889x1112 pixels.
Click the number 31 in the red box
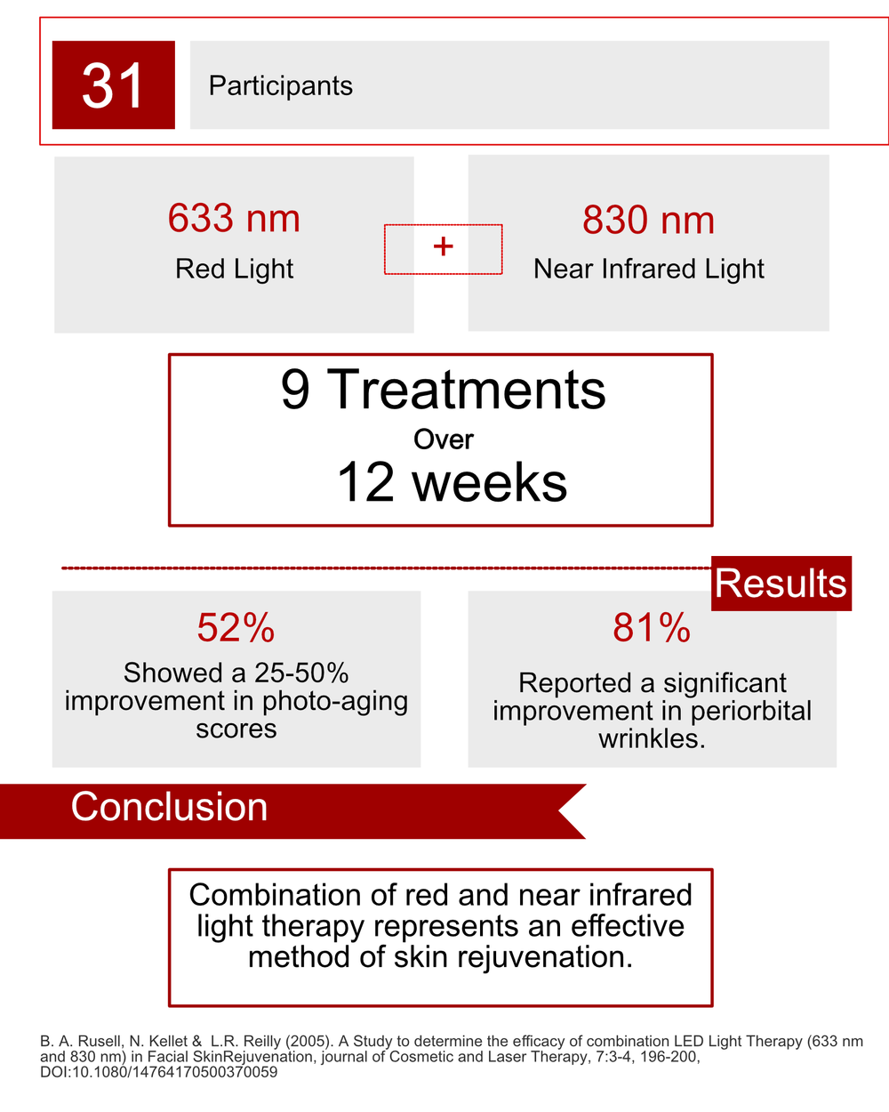(x=113, y=85)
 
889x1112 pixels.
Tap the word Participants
(x=280, y=85)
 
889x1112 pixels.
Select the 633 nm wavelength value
(x=234, y=219)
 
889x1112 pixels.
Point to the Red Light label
(x=234, y=269)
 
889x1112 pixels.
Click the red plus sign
(x=443, y=246)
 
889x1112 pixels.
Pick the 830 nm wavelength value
(x=648, y=221)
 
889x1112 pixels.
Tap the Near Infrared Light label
(x=648, y=269)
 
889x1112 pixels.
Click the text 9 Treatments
(x=443, y=390)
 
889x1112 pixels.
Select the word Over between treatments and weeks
(x=443, y=439)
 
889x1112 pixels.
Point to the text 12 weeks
(x=452, y=483)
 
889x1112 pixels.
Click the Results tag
(x=781, y=584)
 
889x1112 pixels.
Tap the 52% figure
(x=236, y=628)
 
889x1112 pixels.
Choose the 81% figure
(x=651, y=628)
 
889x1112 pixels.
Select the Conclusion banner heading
(x=169, y=808)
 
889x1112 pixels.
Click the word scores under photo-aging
(x=236, y=729)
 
